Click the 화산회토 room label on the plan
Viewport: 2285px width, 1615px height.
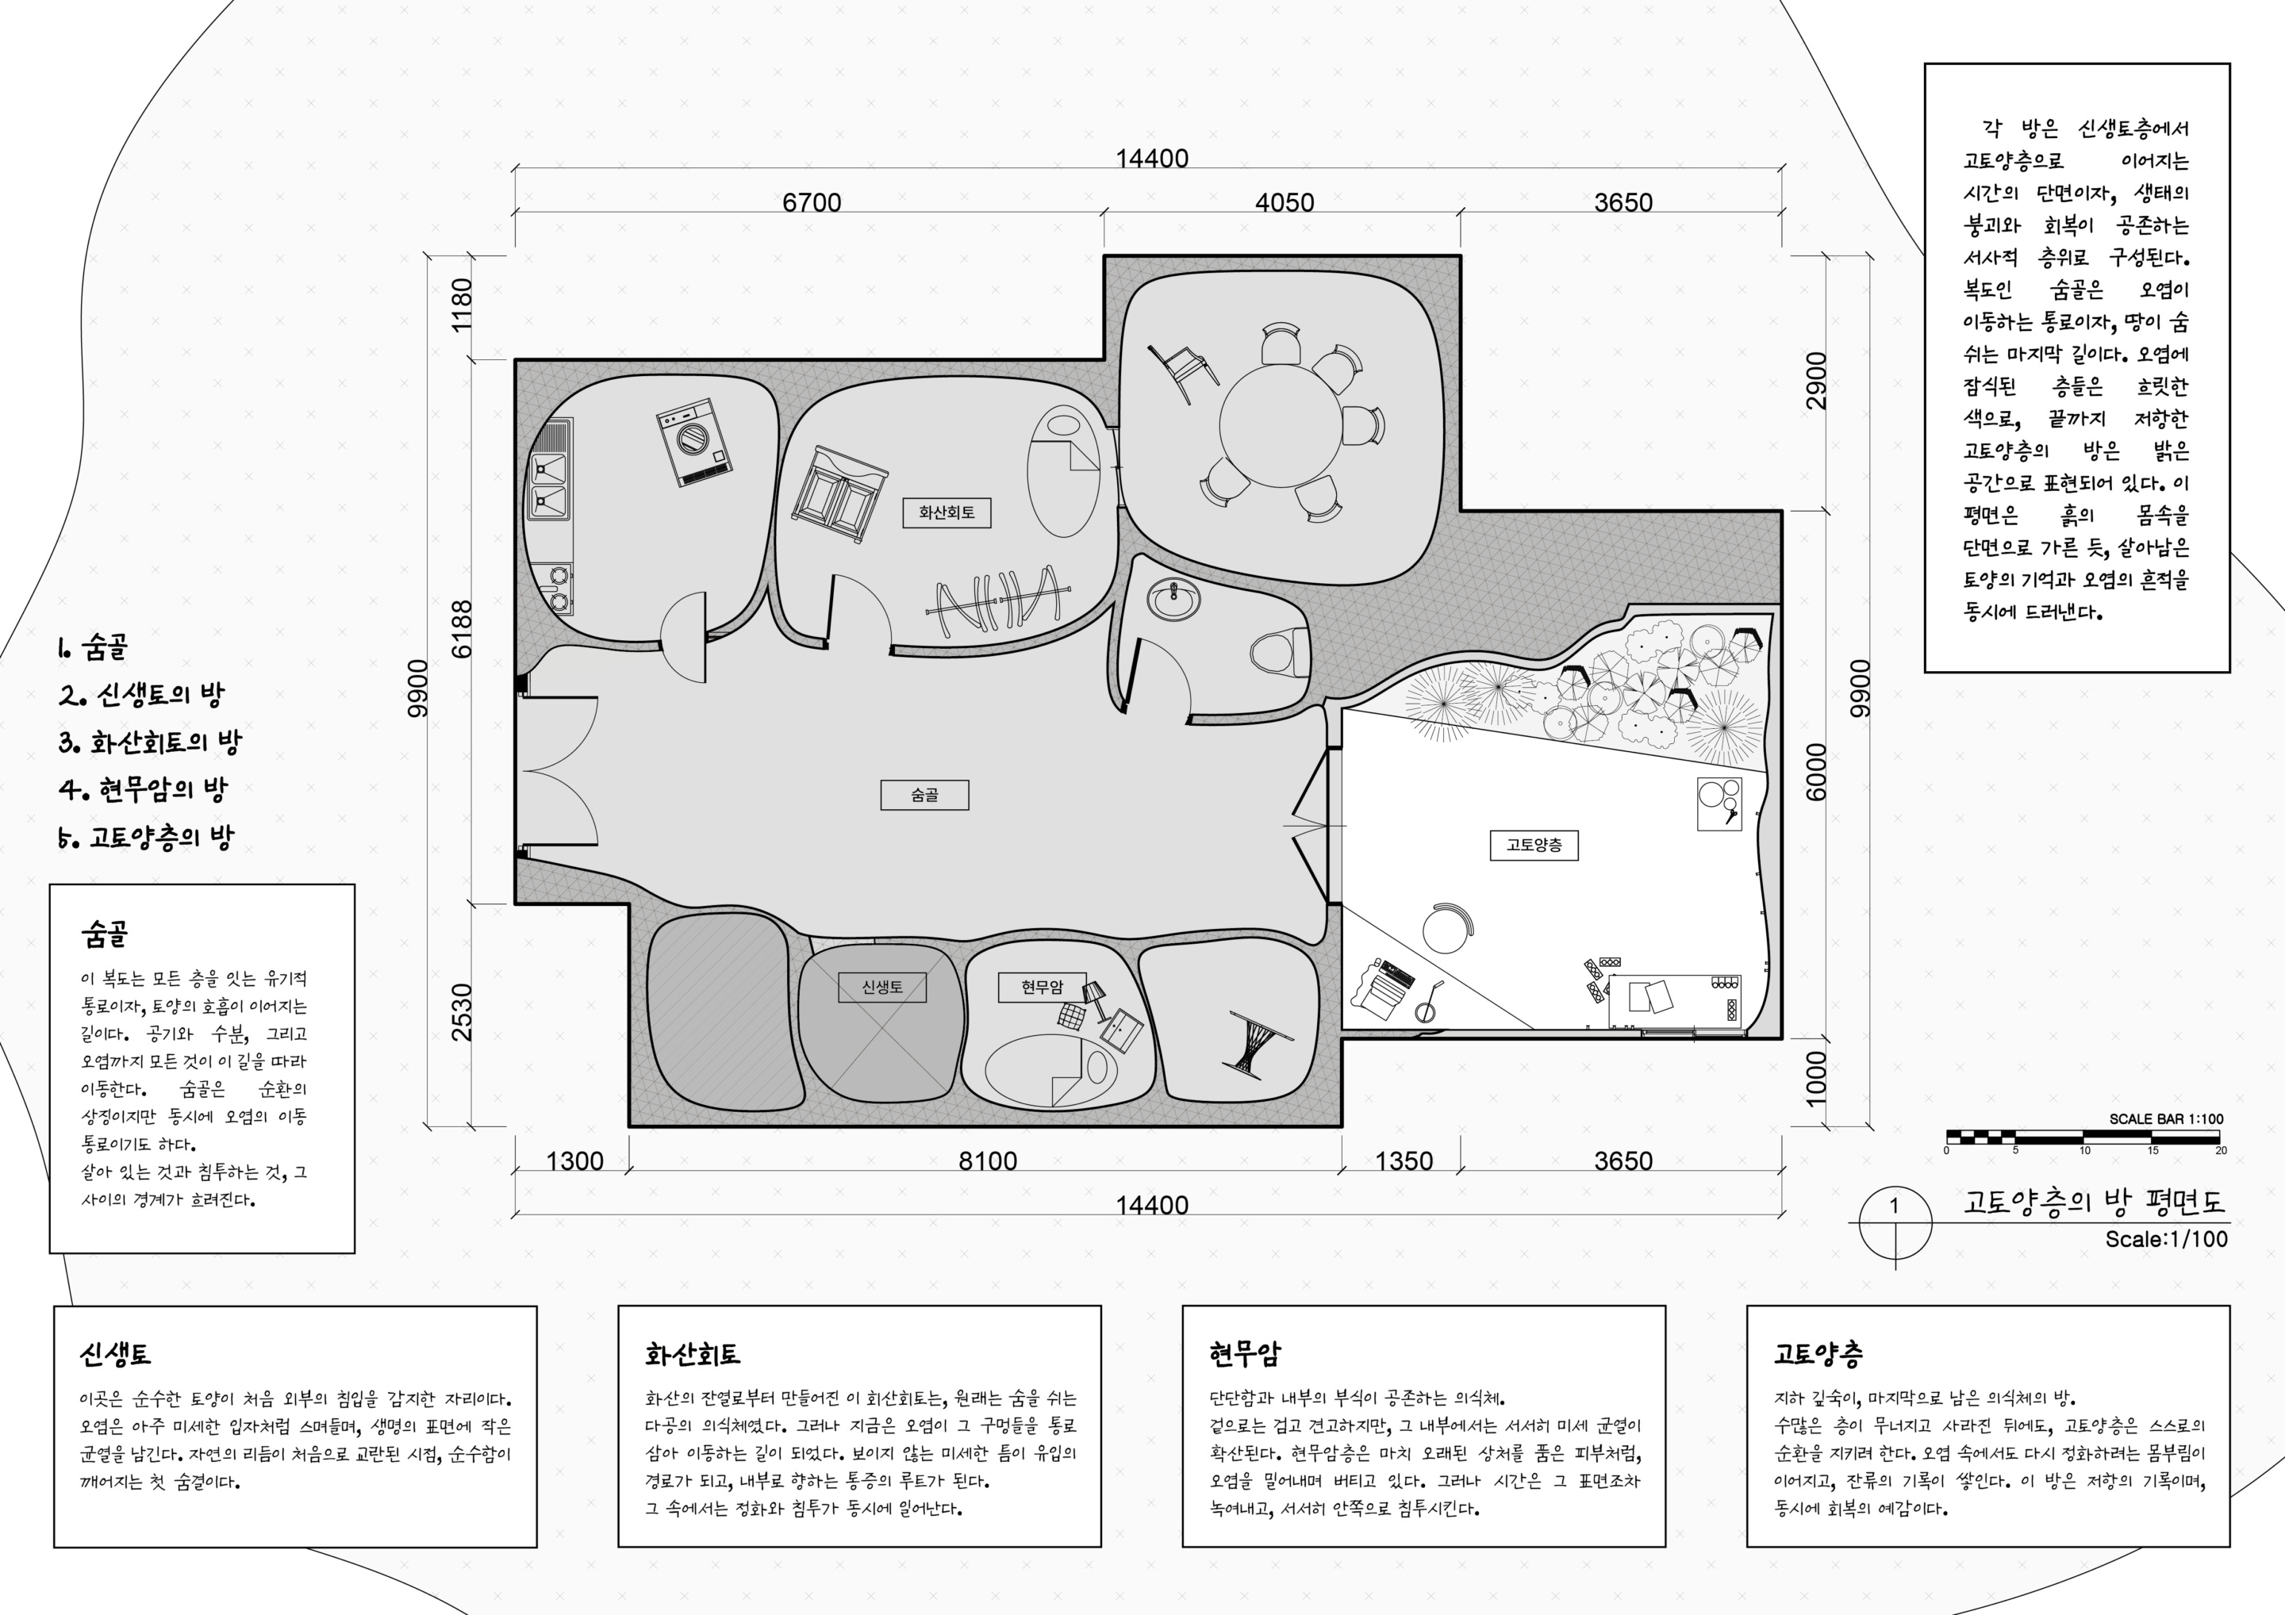947,512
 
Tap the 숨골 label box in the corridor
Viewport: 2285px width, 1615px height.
924,795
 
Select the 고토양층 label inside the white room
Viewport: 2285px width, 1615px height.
1534,845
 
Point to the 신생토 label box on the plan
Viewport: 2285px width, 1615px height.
881,987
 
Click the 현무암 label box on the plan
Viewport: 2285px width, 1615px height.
1042,987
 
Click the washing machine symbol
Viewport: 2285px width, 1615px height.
695,442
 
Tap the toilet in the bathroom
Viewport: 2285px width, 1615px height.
1279,653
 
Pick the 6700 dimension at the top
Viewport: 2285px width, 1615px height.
811,202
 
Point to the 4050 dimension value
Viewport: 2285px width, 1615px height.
1284,202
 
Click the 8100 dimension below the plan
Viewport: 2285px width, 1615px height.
987,1161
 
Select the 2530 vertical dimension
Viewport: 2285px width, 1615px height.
463,1012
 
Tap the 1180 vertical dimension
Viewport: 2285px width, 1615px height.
463,305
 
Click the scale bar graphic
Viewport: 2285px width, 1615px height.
2083,1137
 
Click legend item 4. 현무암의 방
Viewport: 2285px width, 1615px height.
144,790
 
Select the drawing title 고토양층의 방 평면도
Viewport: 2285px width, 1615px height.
2094,1201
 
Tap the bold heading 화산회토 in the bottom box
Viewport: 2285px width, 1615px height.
693,1354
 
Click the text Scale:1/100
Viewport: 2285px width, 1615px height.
2165,1239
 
